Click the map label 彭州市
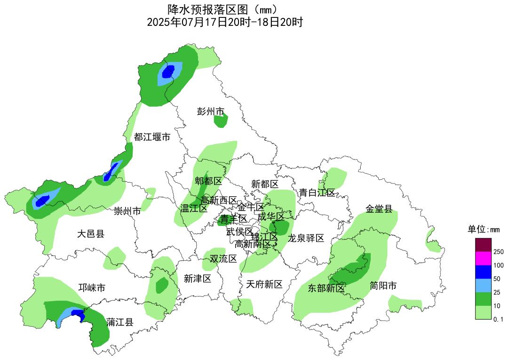point(210,112)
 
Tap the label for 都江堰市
point(152,137)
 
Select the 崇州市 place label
point(127,211)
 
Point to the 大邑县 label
point(90,233)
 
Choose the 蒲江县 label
point(119,322)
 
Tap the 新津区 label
point(197,279)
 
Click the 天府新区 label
point(264,284)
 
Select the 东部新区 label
point(326,288)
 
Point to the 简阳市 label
point(383,286)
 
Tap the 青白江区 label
point(317,192)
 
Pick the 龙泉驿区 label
point(306,238)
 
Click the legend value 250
point(499,252)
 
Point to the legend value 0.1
point(499,320)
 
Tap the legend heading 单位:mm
point(483,230)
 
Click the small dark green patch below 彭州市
point(221,121)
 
